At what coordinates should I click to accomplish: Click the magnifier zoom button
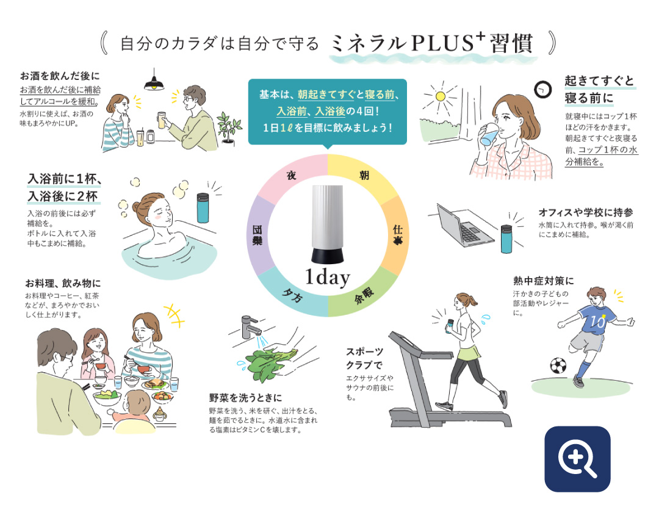point(577,459)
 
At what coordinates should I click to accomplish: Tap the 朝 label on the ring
point(364,175)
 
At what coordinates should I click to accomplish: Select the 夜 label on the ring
point(291,175)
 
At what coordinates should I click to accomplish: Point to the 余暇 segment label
point(364,295)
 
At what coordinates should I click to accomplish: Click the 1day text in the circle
point(328,278)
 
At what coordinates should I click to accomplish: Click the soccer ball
point(558,365)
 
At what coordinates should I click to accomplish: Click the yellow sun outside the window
point(441,96)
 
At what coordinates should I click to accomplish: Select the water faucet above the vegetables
point(251,326)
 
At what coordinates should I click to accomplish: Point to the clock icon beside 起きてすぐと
point(542,90)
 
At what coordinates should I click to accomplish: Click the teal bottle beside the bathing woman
point(203,207)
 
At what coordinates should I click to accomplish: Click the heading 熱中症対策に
point(544,281)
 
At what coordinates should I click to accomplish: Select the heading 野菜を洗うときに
point(245,398)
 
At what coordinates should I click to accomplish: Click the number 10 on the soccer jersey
point(597,322)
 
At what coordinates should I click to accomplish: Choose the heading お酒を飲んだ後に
point(60,76)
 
